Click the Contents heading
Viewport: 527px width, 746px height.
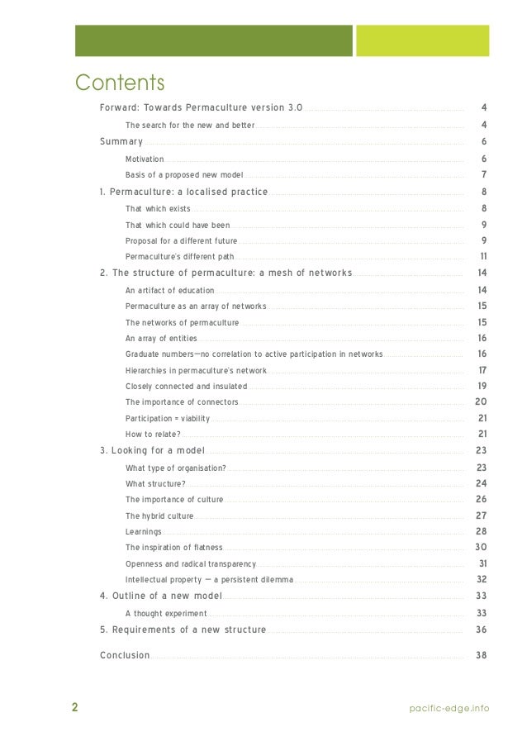(x=120, y=83)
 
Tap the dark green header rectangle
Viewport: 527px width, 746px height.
(x=214, y=40)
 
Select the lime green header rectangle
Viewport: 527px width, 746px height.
(x=422, y=40)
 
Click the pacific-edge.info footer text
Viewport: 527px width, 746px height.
(x=450, y=708)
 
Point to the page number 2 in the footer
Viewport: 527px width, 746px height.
(x=74, y=707)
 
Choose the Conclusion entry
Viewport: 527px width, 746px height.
(x=125, y=655)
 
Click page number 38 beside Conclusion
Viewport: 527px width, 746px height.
(x=482, y=655)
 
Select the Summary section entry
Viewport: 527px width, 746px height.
(x=121, y=142)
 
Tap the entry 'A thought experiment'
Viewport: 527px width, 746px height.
(x=166, y=613)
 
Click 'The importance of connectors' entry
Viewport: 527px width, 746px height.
(x=182, y=402)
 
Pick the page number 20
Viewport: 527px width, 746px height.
(x=481, y=402)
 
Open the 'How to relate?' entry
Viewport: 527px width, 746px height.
(x=153, y=434)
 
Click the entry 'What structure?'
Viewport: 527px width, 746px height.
(x=155, y=483)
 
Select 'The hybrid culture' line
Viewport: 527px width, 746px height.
(x=159, y=516)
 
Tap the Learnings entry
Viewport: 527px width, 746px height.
(x=144, y=531)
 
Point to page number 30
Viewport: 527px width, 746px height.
(x=481, y=547)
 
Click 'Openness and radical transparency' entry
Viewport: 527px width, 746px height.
(x=191, y=563)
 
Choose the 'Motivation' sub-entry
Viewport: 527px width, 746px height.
(x=145, y=159)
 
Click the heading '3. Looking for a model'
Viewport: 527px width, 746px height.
(x=152, y=450)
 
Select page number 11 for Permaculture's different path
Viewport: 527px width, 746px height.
(x=483, y=256)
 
